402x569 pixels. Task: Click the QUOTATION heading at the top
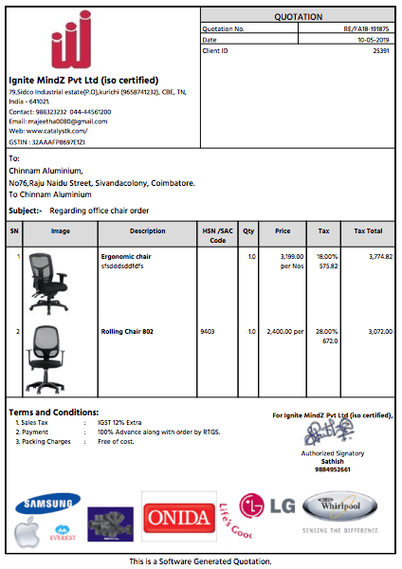pyautogui.click(x=298, y=17)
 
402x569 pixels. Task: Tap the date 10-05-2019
pyautogui.click(x=373, y=40)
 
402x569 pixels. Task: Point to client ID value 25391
pyautogui.click(x=380, y=50)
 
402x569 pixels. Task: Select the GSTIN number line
pyautogui.click(x=47, y=141)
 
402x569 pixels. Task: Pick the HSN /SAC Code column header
pyautogui.click(x=217, y=235)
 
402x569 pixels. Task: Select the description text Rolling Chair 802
pyautogui.click(x=127, y=332)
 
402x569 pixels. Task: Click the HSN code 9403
pyautogui.click(x=207, y=332)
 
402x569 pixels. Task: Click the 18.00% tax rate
pyautogui.click(x=326, y=257)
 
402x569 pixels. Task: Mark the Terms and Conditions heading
pyautogui.click(x=53, y=412)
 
